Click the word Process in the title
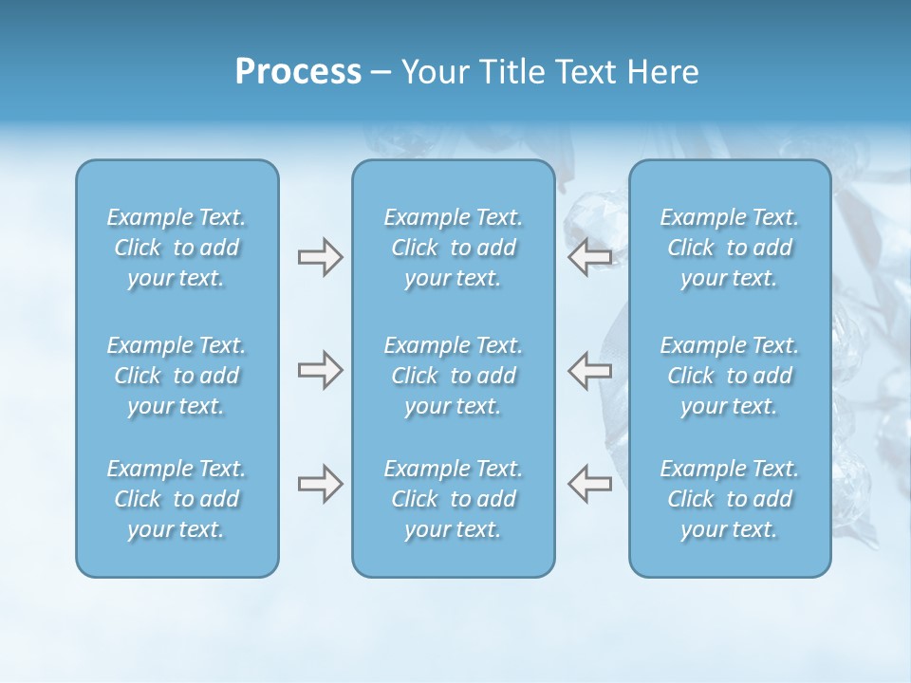(298, 72)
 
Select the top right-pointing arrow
(320, 257)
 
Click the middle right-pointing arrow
(320, 370)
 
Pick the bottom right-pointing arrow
(320, 484)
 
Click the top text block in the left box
(177, 248)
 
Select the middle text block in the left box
(177, 376)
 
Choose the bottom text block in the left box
(177, 499)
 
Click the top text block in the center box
(453, 248)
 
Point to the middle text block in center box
(453, 376)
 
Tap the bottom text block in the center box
(453, 499)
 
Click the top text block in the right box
(729, 248)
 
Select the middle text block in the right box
(729, 376)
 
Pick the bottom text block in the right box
(729, 499)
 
